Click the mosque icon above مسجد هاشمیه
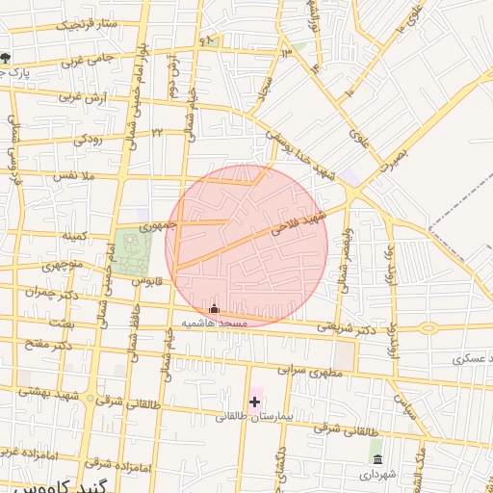click(x=214, y=309)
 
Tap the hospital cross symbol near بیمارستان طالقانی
click(x=254, y=400)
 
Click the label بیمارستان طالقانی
click(x=249, y=416)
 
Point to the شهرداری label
click(x=377, y=475)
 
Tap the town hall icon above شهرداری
click(x=376, y=458)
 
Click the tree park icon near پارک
click(x=6, y=57)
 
